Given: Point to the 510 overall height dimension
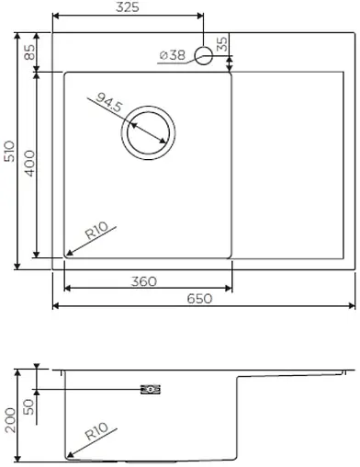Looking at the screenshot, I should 9,151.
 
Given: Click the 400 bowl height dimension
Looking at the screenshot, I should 28,166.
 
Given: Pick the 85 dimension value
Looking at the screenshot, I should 28,52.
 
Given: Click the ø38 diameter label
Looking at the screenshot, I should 172,55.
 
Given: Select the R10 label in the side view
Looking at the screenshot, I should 96,431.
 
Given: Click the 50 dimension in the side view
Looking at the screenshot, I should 28,405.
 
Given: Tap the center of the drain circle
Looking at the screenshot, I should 147,131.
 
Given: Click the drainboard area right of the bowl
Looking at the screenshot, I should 294,165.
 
